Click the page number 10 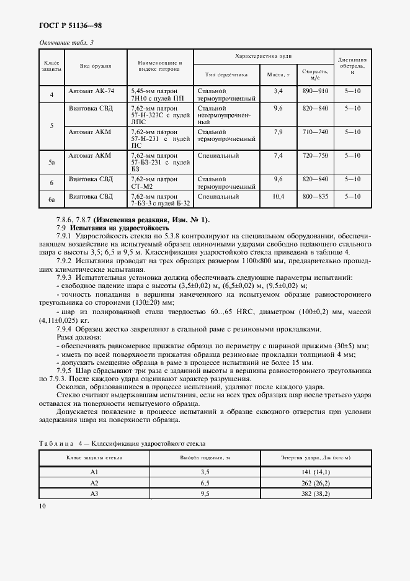tap(43, 506)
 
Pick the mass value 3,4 tap(278, 91)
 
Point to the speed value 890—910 tap(314, 91)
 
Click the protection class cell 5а tap(52, 162)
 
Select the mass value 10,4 tap(278, 197)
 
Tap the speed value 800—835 tap(314, 197)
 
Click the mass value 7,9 tap(278, 132)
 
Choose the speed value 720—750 tap(314, 156)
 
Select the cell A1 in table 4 tap(95, 472)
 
